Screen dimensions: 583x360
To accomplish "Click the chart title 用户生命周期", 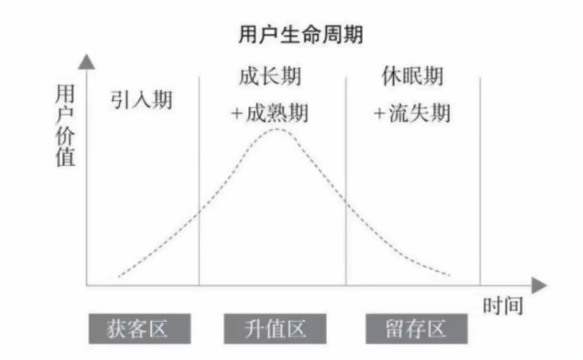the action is tap(301, 35).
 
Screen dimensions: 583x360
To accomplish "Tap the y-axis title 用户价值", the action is tap(65, 126).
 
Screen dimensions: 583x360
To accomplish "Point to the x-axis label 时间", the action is tap(503, 306).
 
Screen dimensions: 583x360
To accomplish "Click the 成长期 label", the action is tap(269, 76).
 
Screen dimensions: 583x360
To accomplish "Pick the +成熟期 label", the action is tap(269, 113).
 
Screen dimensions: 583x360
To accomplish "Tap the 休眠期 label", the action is tap(412, 76).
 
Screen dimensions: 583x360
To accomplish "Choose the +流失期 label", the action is tap(412, 113).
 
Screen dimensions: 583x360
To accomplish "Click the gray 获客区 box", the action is tap(139, 328).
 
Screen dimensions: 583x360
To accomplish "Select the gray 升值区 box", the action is tap(275, 328).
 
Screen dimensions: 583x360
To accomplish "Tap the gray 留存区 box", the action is tap(417, 328).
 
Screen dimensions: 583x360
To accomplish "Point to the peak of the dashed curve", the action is tap(277, 129).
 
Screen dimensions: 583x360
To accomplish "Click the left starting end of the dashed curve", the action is tap(119, 276).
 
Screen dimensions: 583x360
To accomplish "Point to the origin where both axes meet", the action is tap(87, 285).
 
